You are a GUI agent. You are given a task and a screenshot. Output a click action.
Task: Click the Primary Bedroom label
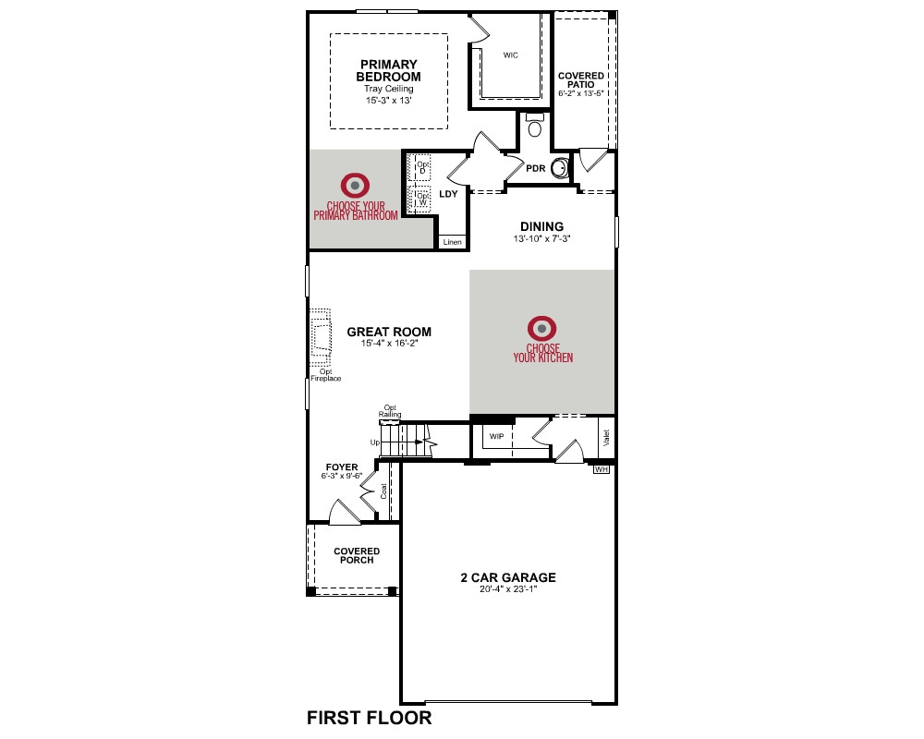coord(388,70)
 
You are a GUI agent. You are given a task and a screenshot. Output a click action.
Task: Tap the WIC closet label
coord(511,55)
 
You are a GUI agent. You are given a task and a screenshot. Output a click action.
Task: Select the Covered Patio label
coord(581,80)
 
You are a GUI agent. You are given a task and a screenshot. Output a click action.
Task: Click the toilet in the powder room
coord(534,126)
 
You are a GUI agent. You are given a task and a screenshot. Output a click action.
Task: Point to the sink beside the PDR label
coord(562,168)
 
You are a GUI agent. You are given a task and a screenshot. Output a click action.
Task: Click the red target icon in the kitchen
coord(542,329)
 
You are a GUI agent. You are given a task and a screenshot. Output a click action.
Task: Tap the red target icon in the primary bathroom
coord(356,186)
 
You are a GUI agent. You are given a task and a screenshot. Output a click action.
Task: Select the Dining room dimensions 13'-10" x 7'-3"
coord(541,238)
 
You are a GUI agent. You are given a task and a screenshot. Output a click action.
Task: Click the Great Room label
coord(389,332)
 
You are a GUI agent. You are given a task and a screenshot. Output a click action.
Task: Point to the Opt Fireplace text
coord(326,375)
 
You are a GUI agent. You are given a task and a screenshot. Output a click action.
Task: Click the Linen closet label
coord(453,242)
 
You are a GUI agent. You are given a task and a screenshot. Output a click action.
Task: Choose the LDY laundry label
coord(448,194)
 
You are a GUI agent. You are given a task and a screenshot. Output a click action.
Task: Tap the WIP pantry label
coord(497,437)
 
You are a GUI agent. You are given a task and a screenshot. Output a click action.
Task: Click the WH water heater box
coord(602,469)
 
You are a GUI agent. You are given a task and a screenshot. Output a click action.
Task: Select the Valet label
coord(606,437)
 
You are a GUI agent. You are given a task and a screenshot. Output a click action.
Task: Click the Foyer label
coord(342,467)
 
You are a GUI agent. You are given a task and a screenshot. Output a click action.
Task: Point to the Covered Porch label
coord(357,556)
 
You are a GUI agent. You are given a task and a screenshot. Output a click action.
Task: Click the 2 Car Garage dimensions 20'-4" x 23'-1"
coord(508,588)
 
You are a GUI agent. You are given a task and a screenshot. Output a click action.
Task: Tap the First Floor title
coord(370,718)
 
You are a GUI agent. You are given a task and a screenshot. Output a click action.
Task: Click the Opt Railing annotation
coord(390,411)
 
